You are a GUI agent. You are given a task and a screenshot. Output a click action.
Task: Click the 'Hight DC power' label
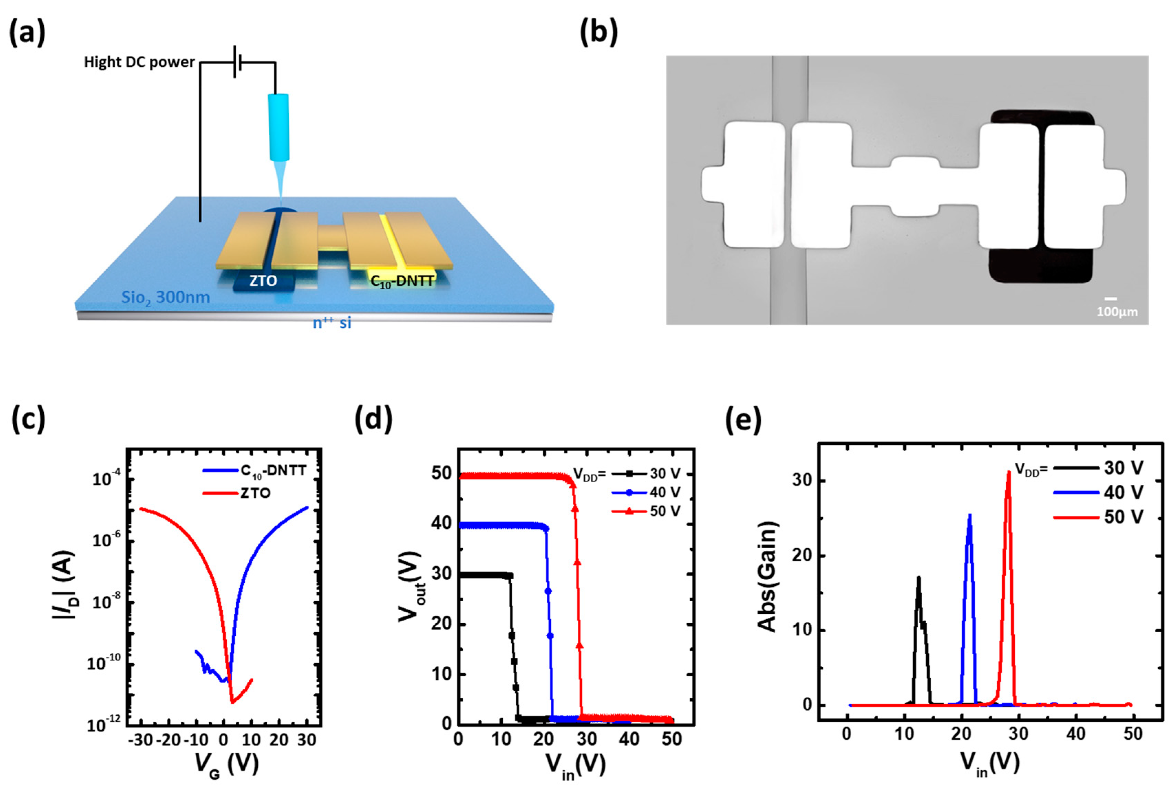pos(139,62)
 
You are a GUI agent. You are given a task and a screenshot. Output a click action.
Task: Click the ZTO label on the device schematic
pos(263,281)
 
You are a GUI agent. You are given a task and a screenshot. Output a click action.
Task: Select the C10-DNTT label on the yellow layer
pos(402,281)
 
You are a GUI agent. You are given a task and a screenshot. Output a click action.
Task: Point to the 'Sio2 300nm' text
pos(165,298)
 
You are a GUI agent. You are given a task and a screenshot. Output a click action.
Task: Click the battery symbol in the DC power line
pos(237,62)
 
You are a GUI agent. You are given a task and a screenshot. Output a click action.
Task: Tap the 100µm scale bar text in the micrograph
pos(1117,312)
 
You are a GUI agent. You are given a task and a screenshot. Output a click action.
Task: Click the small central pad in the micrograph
pos(916,187)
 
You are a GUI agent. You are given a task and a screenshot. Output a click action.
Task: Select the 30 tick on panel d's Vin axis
pos(586,739)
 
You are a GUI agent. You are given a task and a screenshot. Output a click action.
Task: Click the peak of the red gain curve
pos(1008,473)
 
